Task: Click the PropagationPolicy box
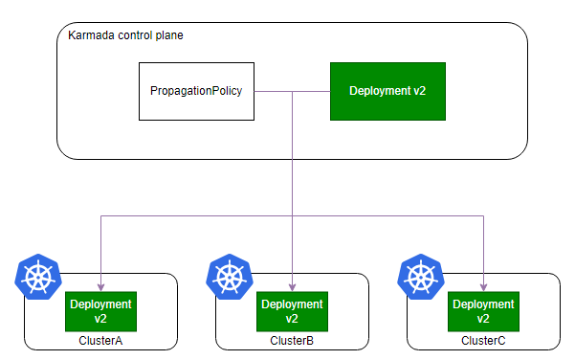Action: (196, 91)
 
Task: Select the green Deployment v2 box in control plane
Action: (388, 91)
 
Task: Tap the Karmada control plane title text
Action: (125, 35)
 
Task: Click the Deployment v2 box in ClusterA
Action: (100, 311)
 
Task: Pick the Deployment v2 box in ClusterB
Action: (292, 311)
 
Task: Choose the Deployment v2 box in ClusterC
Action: (484, 311)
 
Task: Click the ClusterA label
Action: (100, 341)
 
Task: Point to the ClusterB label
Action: (292, 341)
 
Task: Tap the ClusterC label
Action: (483, 341)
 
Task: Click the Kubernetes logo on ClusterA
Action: (38, 277)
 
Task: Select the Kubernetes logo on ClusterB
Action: (230, 277)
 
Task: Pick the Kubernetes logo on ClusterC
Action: (421, 277)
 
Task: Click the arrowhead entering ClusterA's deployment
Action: (100, 287)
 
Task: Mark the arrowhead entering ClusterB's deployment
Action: (292, 287)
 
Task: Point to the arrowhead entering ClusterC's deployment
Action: (484, 287)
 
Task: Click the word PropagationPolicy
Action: (196, 91)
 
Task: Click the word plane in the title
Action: (169, 35)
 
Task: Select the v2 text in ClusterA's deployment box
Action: (100, 319)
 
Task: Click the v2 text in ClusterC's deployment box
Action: (483, 319)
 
